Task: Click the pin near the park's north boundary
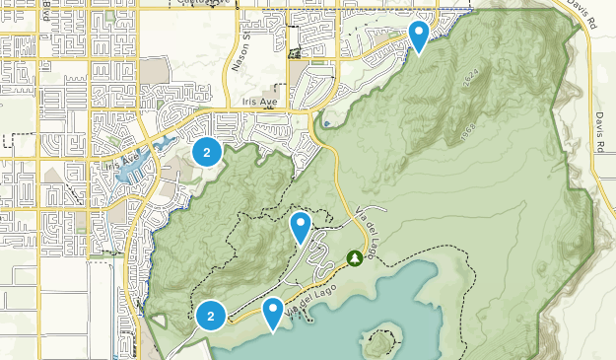pos(419,36)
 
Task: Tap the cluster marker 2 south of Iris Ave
pos(206,152)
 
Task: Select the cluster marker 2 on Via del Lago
pos(210,316)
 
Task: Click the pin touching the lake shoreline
pos(273,313)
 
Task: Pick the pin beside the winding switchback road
pos(301,227)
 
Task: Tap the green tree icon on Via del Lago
pos(354,258)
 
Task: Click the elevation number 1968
pos(467,131)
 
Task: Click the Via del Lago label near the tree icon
pos(365,223)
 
